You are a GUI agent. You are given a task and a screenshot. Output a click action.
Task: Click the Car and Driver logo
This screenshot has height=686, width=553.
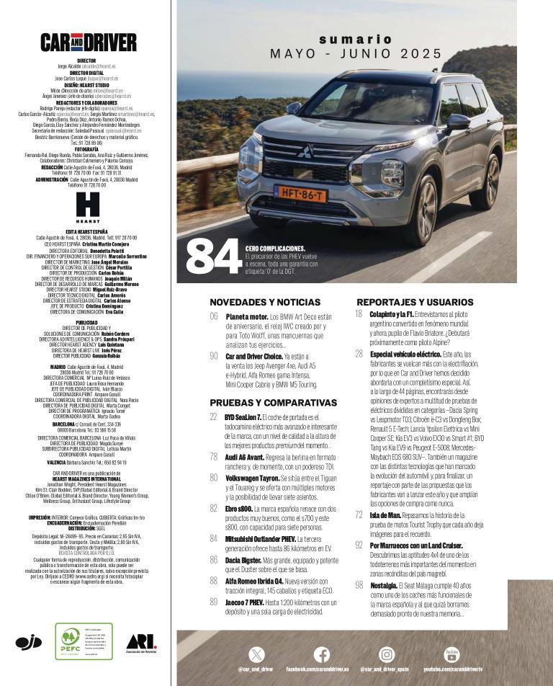(x=88, y=43)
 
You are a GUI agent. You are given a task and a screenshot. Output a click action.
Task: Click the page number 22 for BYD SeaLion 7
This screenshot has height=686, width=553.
(x=214, y=417)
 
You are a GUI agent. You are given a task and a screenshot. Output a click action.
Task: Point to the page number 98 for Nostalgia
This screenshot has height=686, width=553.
(x=359, y=585)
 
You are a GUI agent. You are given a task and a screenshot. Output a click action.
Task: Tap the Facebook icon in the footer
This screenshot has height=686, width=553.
(x=322, y=654)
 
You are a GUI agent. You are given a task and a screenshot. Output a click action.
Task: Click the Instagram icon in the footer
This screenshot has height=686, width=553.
(x=387, y=654)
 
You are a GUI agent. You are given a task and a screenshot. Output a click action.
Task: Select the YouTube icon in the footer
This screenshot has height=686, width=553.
(x=451, y=654)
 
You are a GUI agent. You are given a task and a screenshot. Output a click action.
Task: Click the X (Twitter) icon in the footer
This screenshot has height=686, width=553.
(x=257, y=654)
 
